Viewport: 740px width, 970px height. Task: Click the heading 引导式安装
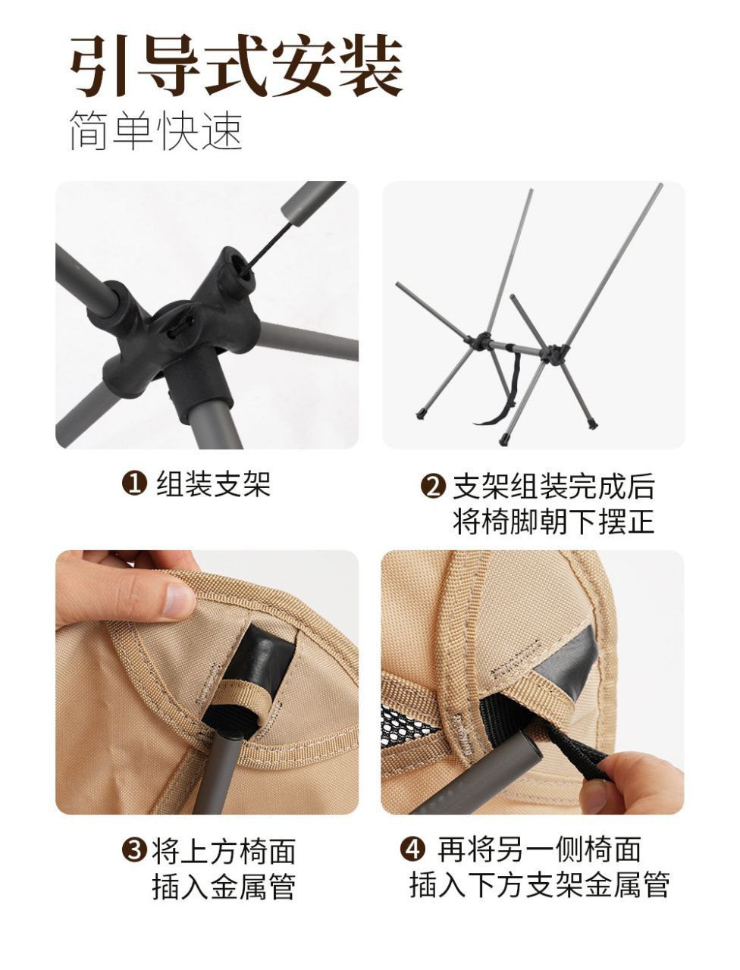click(x=237, y=66)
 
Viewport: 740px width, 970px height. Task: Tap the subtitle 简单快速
click(x=156, y=130)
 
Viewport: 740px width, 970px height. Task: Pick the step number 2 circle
click(x=432, y=487)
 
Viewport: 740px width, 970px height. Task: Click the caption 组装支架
click(x=214, y=484)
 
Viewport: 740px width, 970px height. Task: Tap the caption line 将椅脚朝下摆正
click(x=553, y=522)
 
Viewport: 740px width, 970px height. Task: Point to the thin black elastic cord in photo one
click(x=268, y=246)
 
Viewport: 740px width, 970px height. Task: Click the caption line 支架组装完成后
click(x=553, y=487)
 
